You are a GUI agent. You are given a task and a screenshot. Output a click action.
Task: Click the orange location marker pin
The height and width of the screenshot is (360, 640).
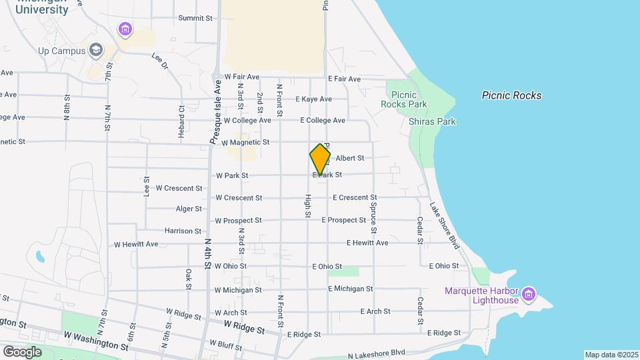coord(320,159)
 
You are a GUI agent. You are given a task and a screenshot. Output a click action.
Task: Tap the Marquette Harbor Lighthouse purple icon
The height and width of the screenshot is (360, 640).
coord(529,293)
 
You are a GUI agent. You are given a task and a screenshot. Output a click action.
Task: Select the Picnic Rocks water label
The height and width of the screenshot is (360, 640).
coord(511,95)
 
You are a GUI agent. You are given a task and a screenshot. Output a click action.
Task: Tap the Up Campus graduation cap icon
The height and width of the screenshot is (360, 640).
coord(97,50)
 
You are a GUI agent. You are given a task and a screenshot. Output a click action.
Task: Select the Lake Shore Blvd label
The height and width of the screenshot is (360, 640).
coord(445,225)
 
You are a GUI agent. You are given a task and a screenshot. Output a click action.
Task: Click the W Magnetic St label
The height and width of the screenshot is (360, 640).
coord(245,143)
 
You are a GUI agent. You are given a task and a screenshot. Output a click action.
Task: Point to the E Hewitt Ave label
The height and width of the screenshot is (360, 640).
coord(367,243)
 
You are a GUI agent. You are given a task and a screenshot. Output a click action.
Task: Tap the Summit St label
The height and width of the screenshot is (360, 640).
coord(195,18)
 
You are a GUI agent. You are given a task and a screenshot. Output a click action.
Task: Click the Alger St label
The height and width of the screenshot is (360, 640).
coord(189,209)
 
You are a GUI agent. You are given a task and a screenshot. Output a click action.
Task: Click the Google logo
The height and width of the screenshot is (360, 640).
coord(22,351)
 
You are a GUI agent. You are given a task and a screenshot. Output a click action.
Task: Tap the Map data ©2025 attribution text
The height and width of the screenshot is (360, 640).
coord(611,355)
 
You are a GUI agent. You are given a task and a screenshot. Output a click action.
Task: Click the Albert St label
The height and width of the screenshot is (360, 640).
coord(350,158)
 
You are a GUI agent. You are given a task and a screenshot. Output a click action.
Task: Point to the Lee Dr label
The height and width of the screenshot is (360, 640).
coord(160,62)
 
